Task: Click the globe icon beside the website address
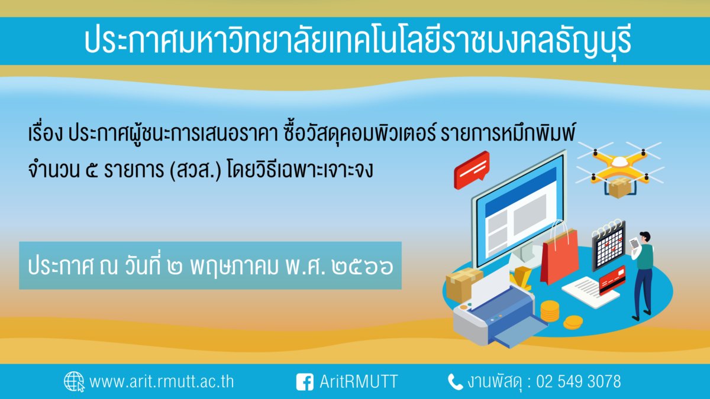[74, 382]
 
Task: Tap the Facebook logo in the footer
[305, 382]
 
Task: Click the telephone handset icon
[455, 382]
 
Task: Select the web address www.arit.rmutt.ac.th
[162, 382]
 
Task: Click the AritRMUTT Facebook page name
[359, 382]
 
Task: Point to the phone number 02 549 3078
[579, 382]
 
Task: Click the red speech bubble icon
[472, 170]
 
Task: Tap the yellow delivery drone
[619, 165]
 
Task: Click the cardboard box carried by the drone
[620, 187]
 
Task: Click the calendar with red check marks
[609, 245]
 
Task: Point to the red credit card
[612, 280]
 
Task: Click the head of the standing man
[645, 238]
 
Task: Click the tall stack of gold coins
[550, 311]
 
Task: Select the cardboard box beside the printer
[463, 284]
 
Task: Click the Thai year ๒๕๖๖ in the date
[362, 267]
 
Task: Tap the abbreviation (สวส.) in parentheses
[196, 170]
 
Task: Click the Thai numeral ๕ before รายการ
[92, 171]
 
